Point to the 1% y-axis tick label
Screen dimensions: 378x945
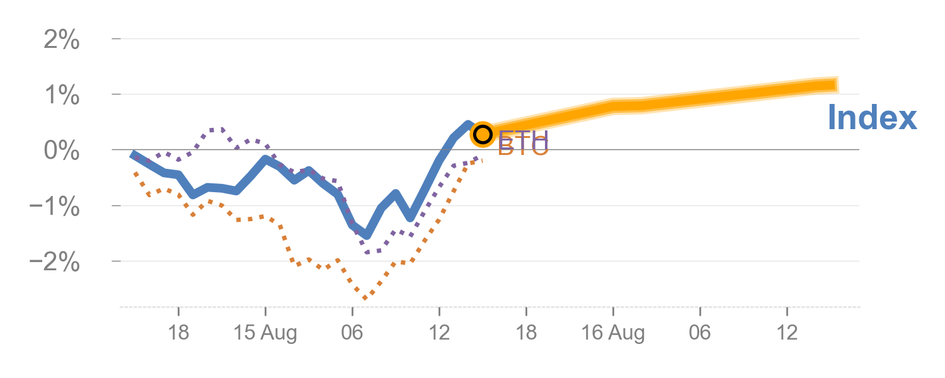tap(61, 96)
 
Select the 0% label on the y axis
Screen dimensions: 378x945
tap(61, 151)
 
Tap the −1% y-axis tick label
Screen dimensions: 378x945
tap(55, 207)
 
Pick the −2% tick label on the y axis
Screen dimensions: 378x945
tap(55, 262)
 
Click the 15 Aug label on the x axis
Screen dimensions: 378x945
tap(265, 333)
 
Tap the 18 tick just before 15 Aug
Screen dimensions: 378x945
tap(179, 333)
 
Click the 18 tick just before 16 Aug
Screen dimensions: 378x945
tap(526, 333)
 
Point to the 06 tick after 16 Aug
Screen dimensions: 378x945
tap(700, 333)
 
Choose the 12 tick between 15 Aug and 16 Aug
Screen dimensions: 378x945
tap(439, 333)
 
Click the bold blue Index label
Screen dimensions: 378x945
tap(872, 118)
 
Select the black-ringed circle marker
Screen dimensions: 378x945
tap(483, 134)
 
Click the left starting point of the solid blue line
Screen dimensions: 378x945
tap(132, 154)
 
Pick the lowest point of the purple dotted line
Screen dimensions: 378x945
tap(367, 252)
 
